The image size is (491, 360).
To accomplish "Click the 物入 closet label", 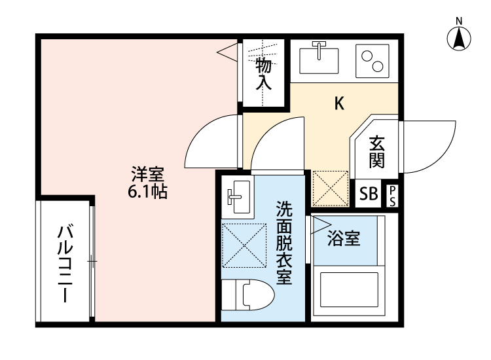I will point(263,73).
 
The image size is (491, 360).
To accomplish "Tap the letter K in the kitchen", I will point(339,103).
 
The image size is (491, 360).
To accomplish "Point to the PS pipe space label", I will point(392,195).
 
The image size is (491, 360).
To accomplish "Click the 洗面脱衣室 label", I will point(283,242).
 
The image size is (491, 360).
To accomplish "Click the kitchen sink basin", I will point(320,58).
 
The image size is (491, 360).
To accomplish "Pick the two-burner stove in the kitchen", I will point(373,60).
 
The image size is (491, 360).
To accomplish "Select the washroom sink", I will point(236,196).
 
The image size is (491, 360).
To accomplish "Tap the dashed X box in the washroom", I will point(244,245).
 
